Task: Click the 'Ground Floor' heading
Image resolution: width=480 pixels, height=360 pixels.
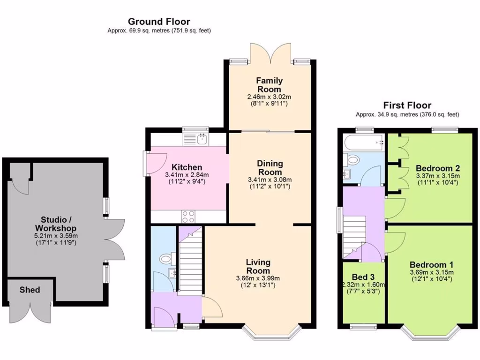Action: pyautogui.click(x=159, y=22)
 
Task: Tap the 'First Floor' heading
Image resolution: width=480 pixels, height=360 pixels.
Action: pyautogui.click(x=407, y=105)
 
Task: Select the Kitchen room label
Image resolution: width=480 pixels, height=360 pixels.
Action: pyautogui.click(x=187, y=167)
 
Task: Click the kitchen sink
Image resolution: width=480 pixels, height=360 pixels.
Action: pyautogui.click(x=202, y=138)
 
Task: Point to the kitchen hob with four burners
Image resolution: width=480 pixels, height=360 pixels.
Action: pyautogui.click(x=188, y=217)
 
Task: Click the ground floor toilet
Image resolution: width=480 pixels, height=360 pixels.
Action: pyautogui.click(x=165, y=258)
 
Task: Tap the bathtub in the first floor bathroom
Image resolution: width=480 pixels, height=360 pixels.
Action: pyautogui.click(x=364, y=140)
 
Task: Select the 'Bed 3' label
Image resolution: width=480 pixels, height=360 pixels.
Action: pyautogui.click(x=363, y=277)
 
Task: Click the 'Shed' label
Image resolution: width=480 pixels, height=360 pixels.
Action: pyautogui.click(x=30, y=290)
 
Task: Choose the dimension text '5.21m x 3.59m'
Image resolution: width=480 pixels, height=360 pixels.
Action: pyautogui.click(x=56, y=236)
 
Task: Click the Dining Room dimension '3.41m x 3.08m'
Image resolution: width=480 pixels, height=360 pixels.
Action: pyautogui.click(x=270, y=180)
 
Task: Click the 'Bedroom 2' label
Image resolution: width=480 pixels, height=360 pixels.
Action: pyautogui.click(x=437, y=168)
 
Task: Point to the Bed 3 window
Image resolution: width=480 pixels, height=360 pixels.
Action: pyautogui.click(x=363, y=327)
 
